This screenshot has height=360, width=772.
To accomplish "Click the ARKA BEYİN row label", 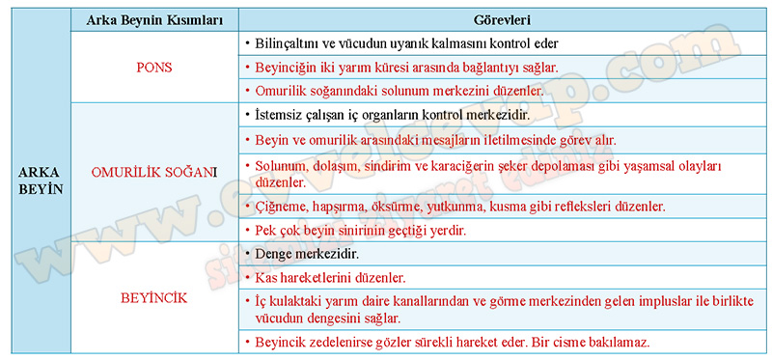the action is (41, 180).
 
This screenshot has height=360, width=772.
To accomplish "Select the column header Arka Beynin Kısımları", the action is (154, 20).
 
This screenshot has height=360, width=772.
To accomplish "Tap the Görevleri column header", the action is (502, 20).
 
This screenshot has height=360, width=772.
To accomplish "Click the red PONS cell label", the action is (154, 68).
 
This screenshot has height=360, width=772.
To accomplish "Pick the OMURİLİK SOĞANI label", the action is (154, 173).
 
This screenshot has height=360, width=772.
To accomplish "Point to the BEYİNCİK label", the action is (154, 298).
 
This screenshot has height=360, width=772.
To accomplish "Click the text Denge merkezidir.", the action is (307, 255).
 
